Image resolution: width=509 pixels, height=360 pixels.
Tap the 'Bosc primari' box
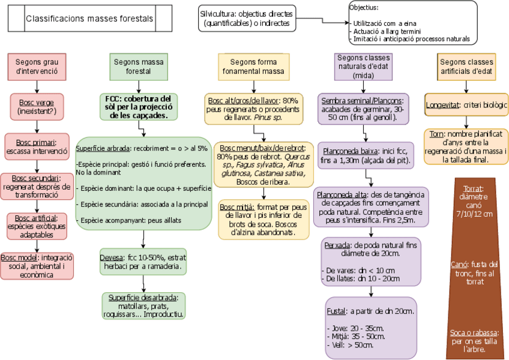(37, 147)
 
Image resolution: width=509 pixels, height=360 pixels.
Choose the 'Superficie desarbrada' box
(143, 305)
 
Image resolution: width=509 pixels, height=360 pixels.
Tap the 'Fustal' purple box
(370, 328)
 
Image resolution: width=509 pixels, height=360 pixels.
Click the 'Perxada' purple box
(370, 262)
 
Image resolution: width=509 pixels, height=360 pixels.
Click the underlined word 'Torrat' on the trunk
(474, 188)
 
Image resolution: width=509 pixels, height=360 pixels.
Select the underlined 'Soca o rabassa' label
(474, 332)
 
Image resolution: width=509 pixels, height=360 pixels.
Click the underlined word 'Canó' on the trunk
(459, 265)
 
